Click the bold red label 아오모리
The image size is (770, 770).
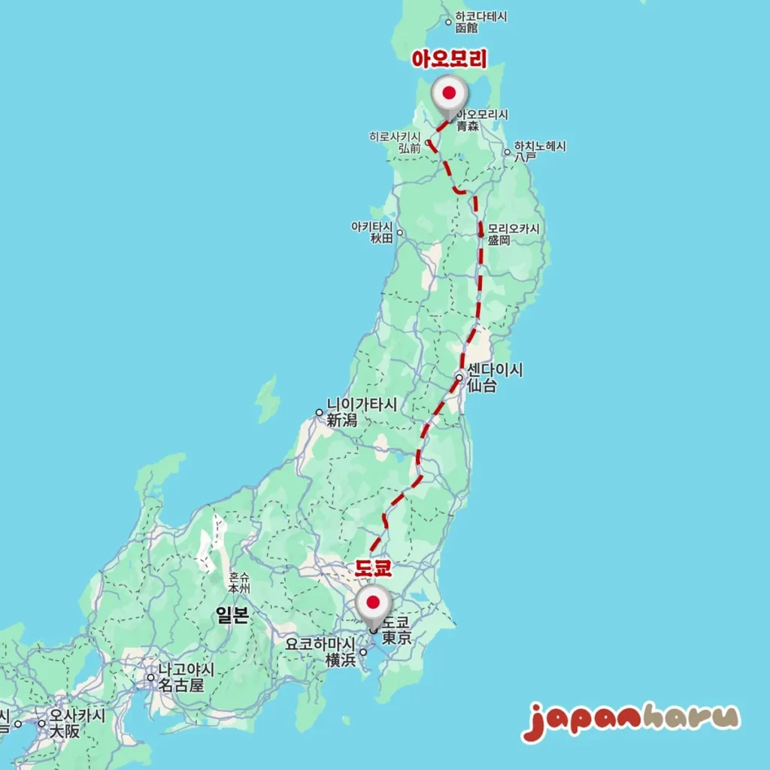tap(449, 59)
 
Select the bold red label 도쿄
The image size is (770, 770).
tap(374, 567)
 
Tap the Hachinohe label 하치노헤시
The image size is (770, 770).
tap(540, 147)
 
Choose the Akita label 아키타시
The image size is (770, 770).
tap(372, 226)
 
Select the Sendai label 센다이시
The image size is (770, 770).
tap(495, 371)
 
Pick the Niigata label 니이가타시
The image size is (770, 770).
tap(361, 405)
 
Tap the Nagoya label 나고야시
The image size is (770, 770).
tap(186, 669)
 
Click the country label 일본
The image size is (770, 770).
tap(232, 616)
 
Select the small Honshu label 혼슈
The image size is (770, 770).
tap(239, 577)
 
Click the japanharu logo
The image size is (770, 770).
tap(630, 721)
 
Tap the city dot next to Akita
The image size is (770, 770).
tap(400, 232)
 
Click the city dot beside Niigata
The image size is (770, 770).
tap(319, 412)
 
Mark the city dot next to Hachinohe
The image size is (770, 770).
tap(507, 152)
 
